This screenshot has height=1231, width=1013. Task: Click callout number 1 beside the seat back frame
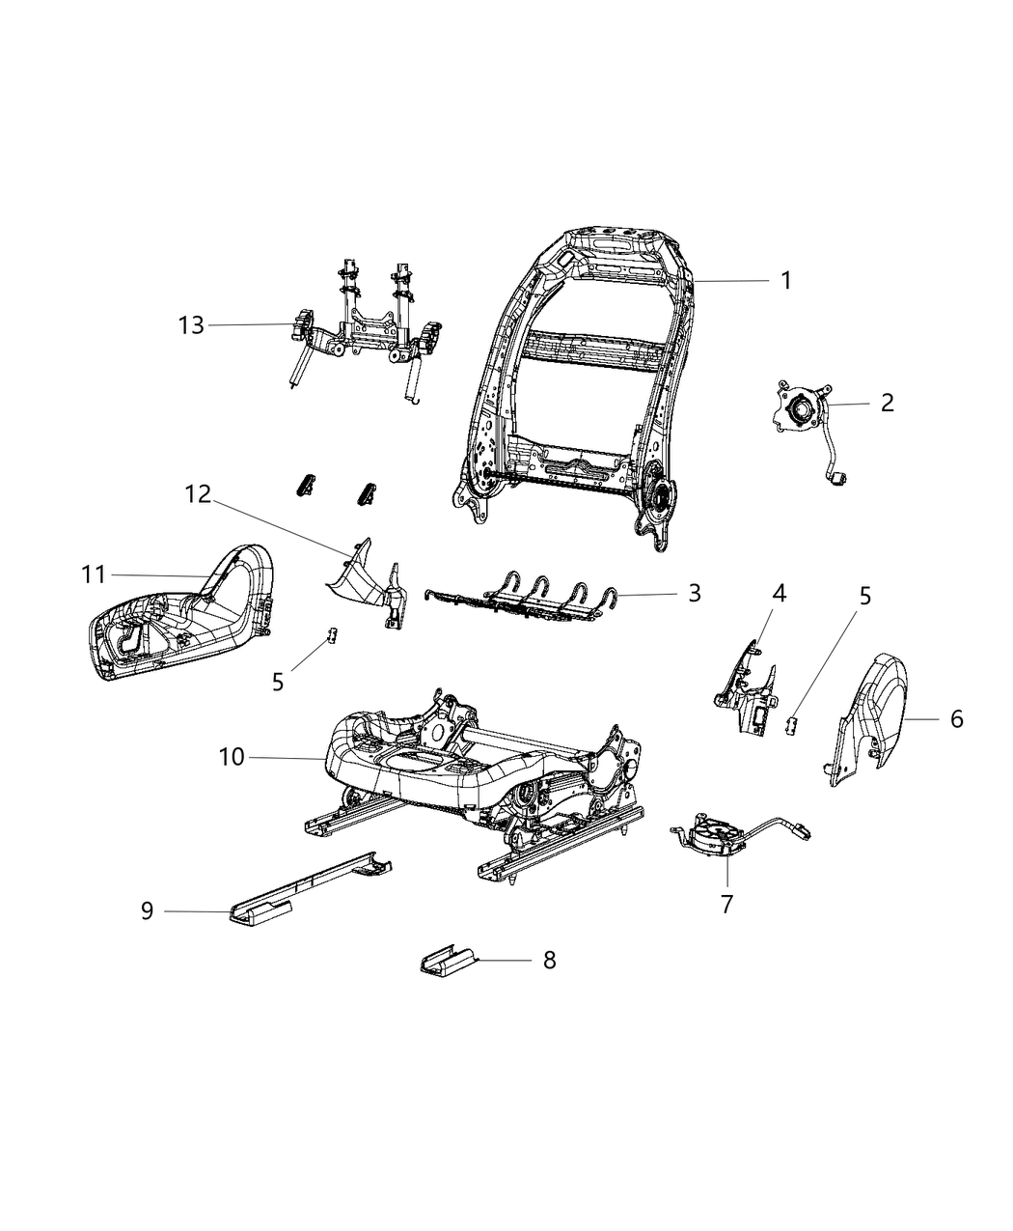point(785,280)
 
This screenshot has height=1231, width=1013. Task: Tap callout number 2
point(887,403)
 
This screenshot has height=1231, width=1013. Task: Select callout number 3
point(694,593)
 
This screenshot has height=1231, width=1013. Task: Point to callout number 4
point(778,593)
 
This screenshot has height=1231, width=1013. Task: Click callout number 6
point(956,718)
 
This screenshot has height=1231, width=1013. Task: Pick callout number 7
point(726,904)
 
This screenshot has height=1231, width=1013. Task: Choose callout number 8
point(549,961)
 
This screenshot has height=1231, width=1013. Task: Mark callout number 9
point(147,910)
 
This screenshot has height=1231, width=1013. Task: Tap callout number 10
point(232,758)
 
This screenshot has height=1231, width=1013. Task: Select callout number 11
point(93,575)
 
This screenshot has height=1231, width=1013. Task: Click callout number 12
point(197,494)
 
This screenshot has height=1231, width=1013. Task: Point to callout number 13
point(191,325)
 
